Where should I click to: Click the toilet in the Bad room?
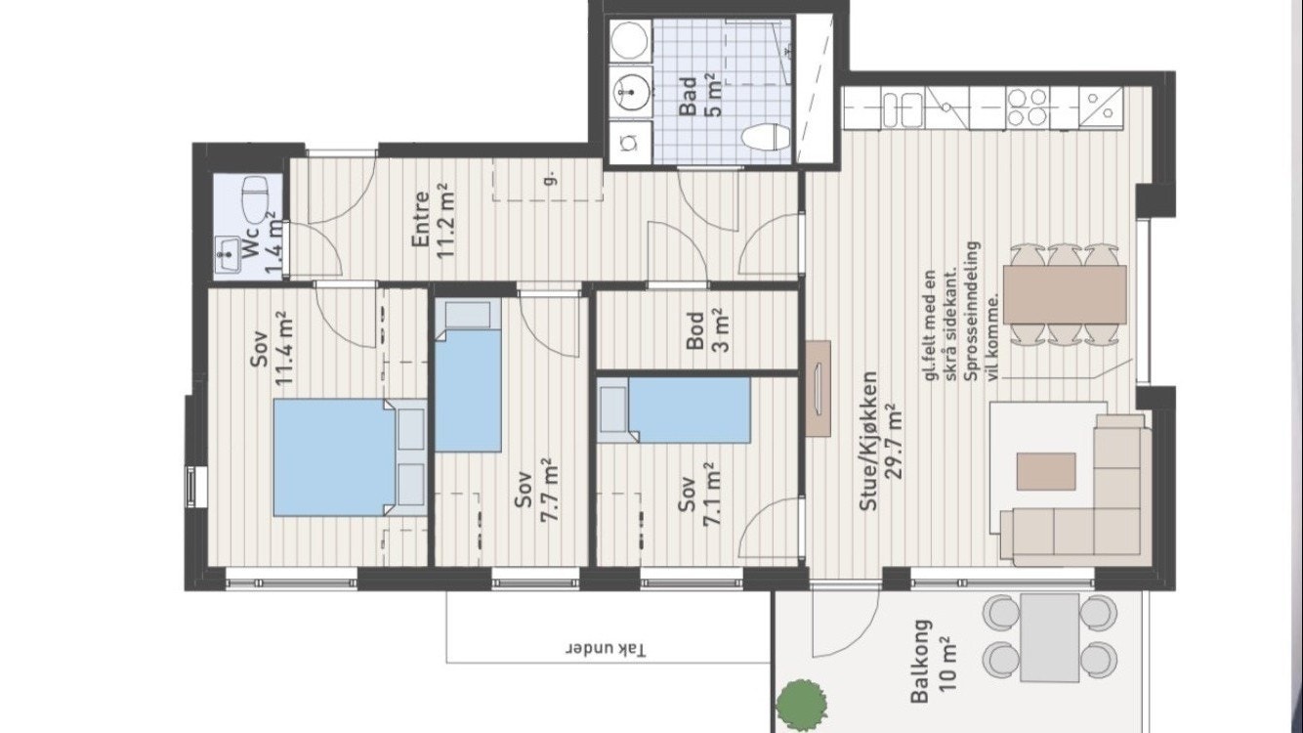point(767,138)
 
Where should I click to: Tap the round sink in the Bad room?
point(631,93)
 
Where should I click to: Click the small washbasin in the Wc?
point(228,254)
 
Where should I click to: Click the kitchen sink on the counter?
point(903,109)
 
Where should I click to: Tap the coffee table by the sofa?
point(1046,472)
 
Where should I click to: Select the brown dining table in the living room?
point(1065,294)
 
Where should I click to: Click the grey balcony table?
point(1050,637)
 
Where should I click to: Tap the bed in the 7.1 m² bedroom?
point(674,411)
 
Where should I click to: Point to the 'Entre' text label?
point(420,221)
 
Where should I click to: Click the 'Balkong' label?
point(920,662)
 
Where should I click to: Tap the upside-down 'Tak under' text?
point(607,649)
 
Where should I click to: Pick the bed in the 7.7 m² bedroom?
point(468,375)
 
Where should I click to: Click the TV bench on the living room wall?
point(818,388)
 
